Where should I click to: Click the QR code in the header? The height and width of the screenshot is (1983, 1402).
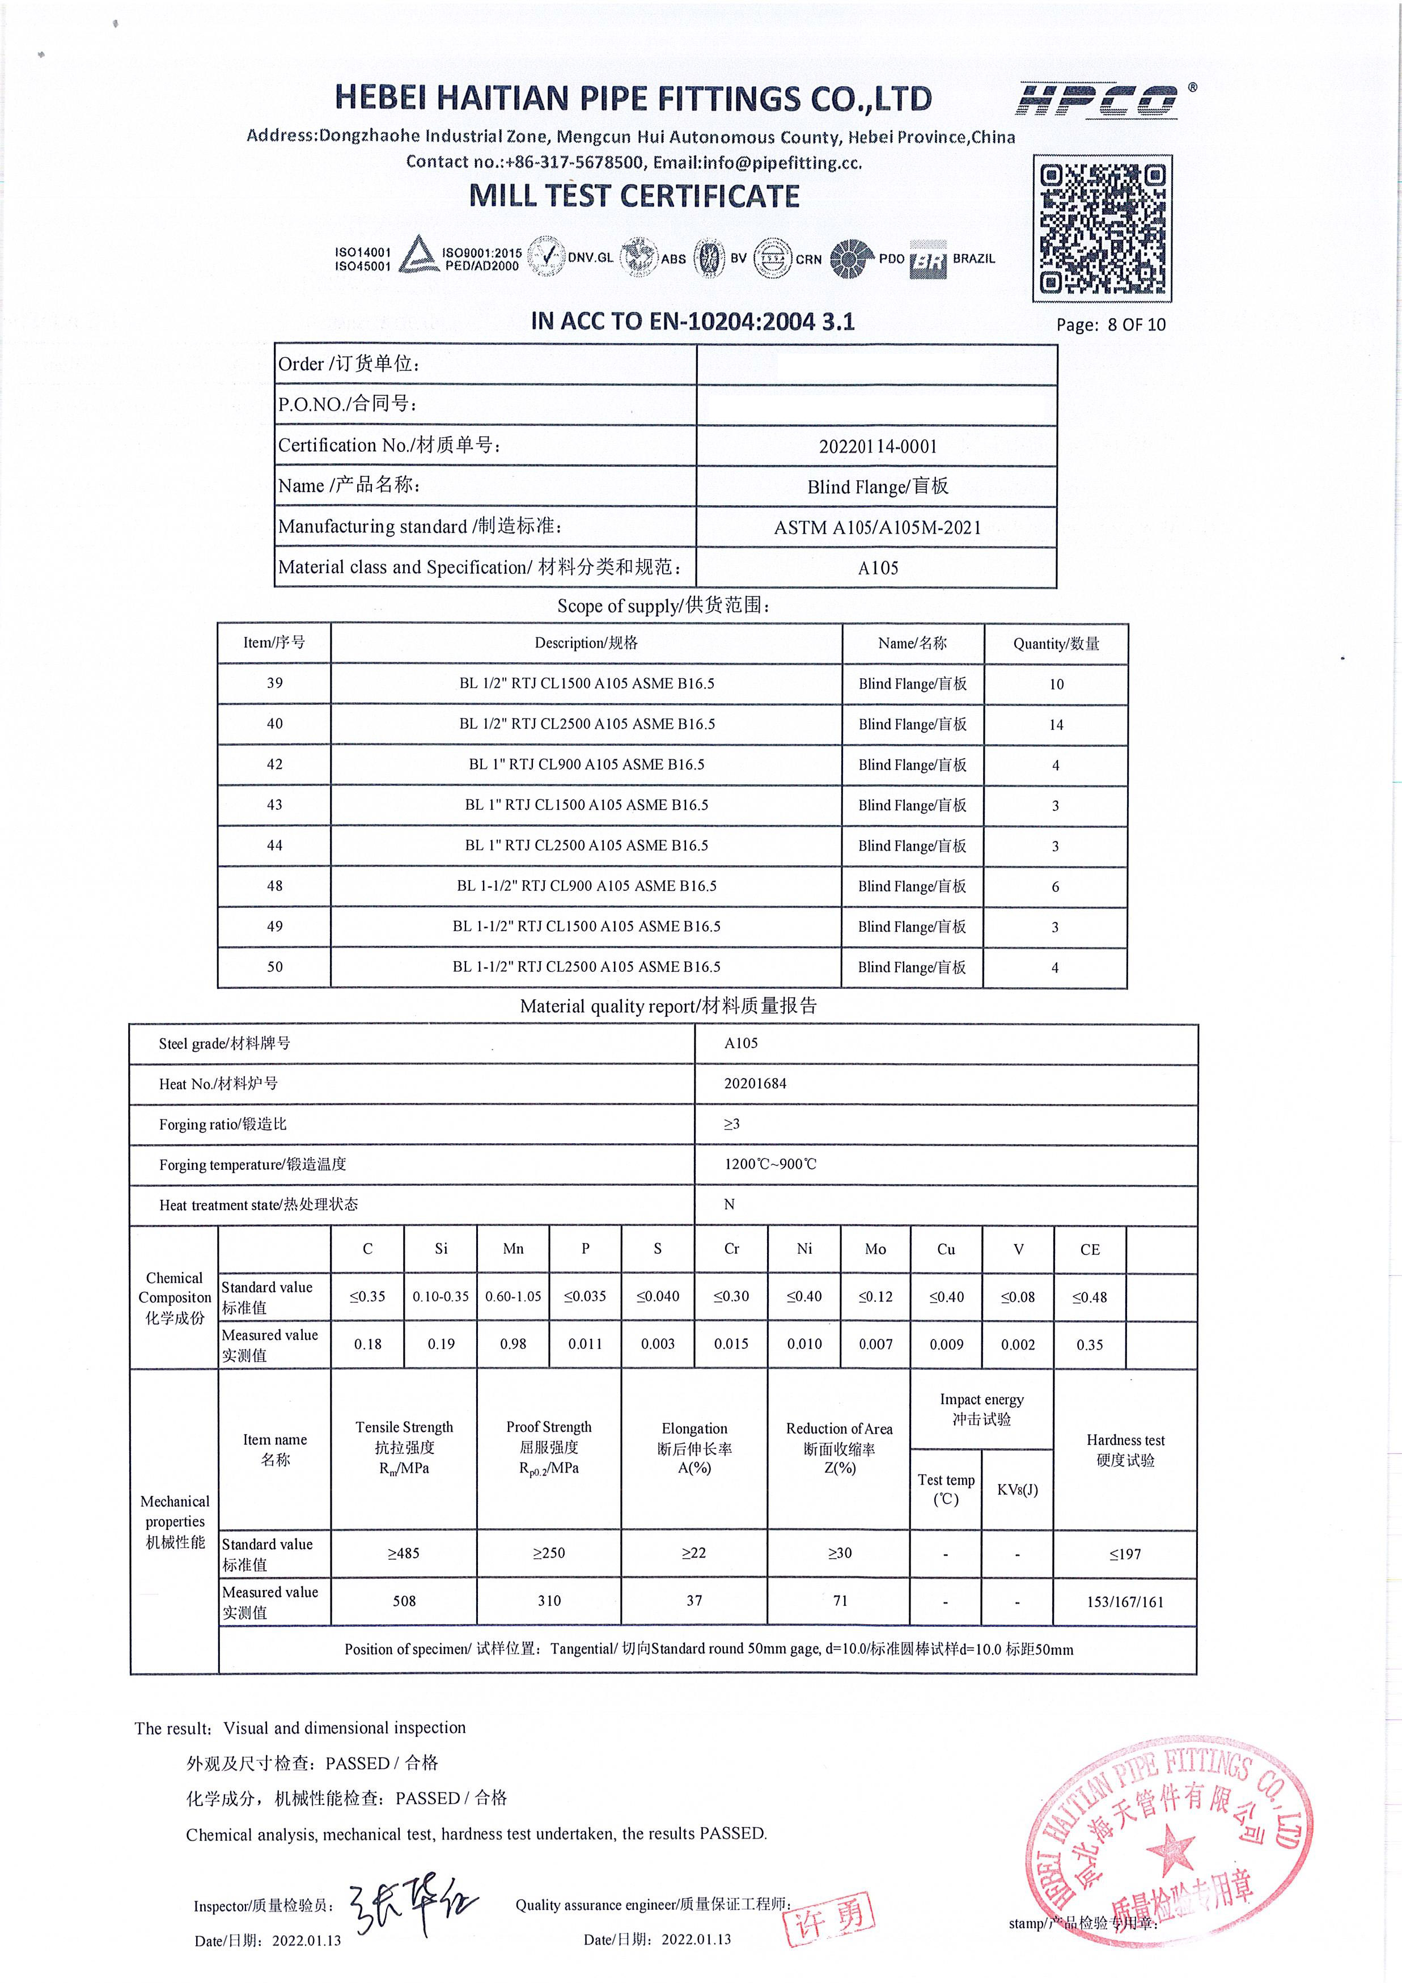[1103, 229]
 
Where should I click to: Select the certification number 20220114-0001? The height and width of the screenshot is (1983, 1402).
[877, 446]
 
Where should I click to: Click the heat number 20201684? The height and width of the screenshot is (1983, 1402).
[755, 1083]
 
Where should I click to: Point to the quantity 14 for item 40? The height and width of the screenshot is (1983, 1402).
[1056, 725]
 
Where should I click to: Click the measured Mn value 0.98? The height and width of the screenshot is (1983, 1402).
[513, 1344]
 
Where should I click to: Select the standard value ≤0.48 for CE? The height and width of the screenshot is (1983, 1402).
[1090, 1297]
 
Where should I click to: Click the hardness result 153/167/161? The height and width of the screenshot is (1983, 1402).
[1125, 1602]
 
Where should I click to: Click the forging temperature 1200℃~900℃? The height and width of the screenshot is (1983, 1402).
[770, 1164]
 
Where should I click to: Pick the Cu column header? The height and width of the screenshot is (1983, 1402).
[946, 1249]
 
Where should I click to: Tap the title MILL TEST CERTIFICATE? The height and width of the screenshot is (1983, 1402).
[634, 196]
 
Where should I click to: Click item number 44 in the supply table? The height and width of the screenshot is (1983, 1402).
[274, 845]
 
